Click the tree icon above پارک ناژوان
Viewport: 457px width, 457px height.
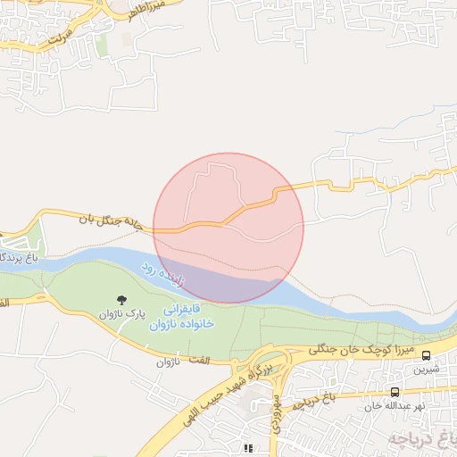pos(122,299)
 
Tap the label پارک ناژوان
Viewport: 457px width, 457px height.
pos(122,314)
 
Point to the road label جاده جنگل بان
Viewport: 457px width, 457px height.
pos(111,220)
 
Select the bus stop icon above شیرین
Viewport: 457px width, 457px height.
pos(426,354)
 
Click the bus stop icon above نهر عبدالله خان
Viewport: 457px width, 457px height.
pos(395,392)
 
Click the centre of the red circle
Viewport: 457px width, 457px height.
pos(228,228)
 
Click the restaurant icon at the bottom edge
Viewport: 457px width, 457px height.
pos(247,448)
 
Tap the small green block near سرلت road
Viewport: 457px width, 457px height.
pos(101,44)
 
